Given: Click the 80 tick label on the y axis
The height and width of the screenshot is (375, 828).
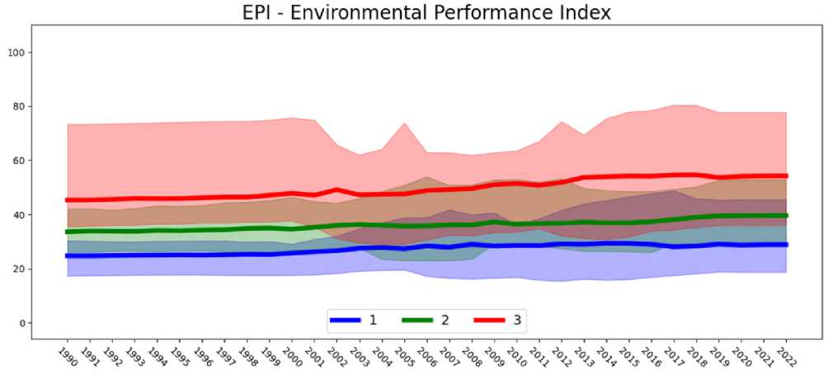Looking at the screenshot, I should [x=20, y=106].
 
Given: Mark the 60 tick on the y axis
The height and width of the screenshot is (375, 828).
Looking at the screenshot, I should [x=20, y=161].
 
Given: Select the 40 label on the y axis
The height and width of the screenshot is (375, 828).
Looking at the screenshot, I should [x=20, y=215].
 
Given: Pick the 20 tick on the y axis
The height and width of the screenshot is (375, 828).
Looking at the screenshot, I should [x=20, y=269].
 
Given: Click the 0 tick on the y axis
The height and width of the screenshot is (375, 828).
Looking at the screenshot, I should [x=23, y=323].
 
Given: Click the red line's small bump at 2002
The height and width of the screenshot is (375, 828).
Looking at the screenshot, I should [x=336, y=190].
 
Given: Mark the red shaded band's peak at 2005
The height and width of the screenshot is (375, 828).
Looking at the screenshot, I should [x=404, y=124].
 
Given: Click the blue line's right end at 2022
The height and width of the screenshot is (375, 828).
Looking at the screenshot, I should [x=786, y=245].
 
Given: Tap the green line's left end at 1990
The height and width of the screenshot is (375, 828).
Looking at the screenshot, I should [x=68, y=232].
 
